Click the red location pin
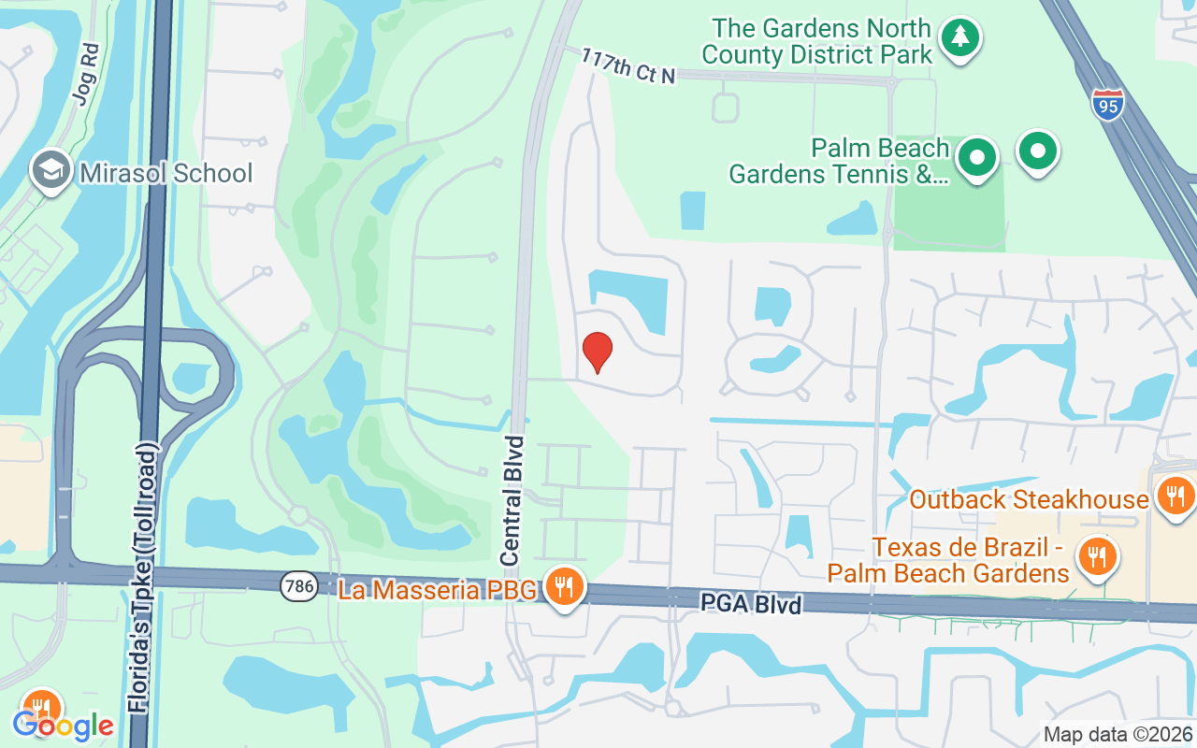[x=597, y=352]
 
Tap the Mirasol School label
[x=166, y=174]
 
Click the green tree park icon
[x=959, y=38]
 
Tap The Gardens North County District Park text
[x=816, y=41]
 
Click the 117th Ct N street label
[x=627, y=67]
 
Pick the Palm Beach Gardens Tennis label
[x=839, y=161]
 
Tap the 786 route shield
[x=298, y=587]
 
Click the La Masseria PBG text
[x=437, y=590]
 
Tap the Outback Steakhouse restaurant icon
[x=1175, y=496]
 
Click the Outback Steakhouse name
[x=1029, y=499]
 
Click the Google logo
[x=63, y=725]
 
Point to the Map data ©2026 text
[x=1118, y=734]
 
